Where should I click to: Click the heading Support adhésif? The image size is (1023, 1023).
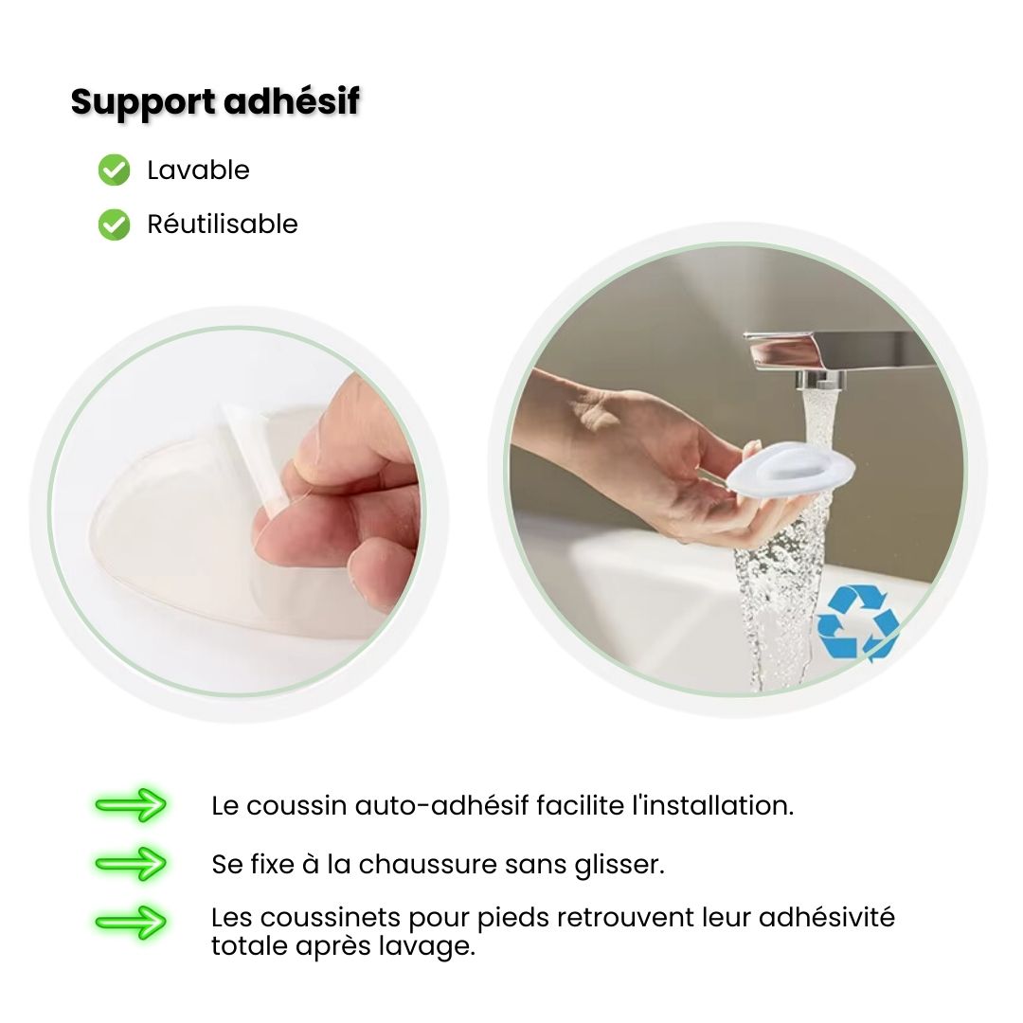click(x=215, y=103)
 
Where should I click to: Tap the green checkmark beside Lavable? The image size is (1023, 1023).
click(x=115, y=170)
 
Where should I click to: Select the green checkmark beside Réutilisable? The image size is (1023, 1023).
click(x=115, y=224)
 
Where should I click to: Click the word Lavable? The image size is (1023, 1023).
click(x=198, y=170)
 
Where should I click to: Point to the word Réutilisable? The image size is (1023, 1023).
click(x=223, y=224)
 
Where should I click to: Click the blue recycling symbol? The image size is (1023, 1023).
click(x=857, y=622)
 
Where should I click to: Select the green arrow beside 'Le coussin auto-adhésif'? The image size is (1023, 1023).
click(x=131, y=805)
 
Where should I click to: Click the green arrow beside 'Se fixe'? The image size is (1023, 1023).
click(x=131, y=864)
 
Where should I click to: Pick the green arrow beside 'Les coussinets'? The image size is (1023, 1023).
click(x=131, y=922)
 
